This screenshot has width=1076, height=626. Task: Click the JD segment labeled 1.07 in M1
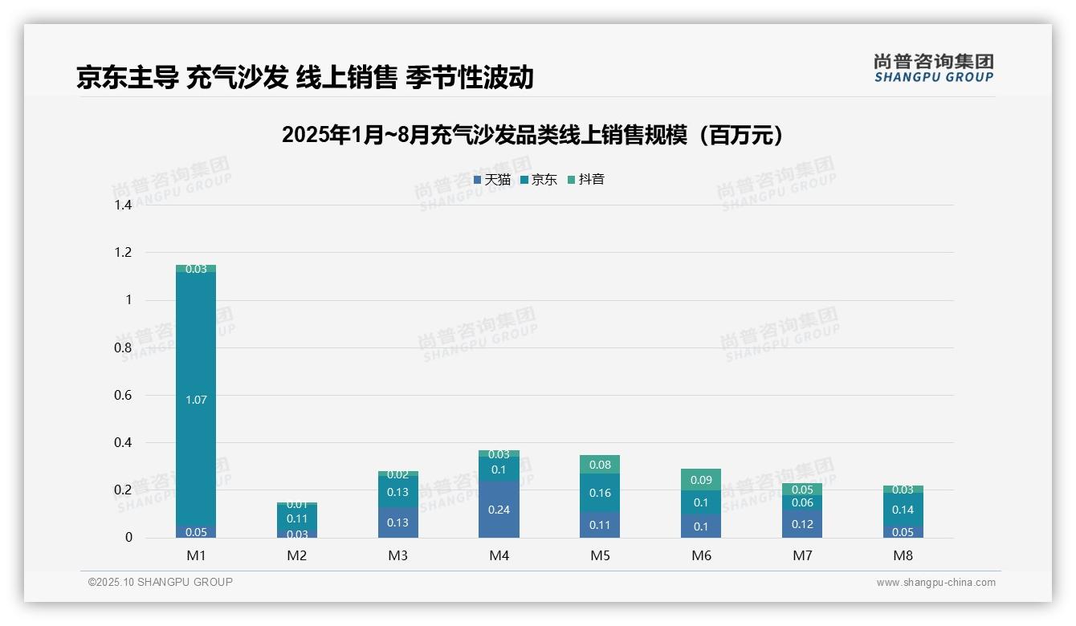coord(196,399)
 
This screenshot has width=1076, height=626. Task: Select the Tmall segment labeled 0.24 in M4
coord(499,510)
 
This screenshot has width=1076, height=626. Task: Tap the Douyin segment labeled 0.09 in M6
coord(701,480)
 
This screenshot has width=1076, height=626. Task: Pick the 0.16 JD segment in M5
coord(600,493)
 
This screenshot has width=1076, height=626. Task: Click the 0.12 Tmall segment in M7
coord(801,524)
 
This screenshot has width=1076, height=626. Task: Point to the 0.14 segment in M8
coord(903,510)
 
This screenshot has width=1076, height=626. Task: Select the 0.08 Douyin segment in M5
coord(600,465)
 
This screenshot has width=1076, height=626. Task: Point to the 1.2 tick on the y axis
coord(122,253)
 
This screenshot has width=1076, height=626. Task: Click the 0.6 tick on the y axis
coord(122,395)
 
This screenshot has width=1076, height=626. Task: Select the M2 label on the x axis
coord(297,555)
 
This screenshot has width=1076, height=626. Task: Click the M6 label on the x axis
coord(701,555)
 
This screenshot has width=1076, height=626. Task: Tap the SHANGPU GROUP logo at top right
coord(934,68)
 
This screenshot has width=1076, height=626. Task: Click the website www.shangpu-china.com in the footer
coord(935,583)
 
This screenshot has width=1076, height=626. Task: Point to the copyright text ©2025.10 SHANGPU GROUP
coord(161,583)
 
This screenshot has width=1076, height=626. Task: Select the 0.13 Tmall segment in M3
coord(398,522)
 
